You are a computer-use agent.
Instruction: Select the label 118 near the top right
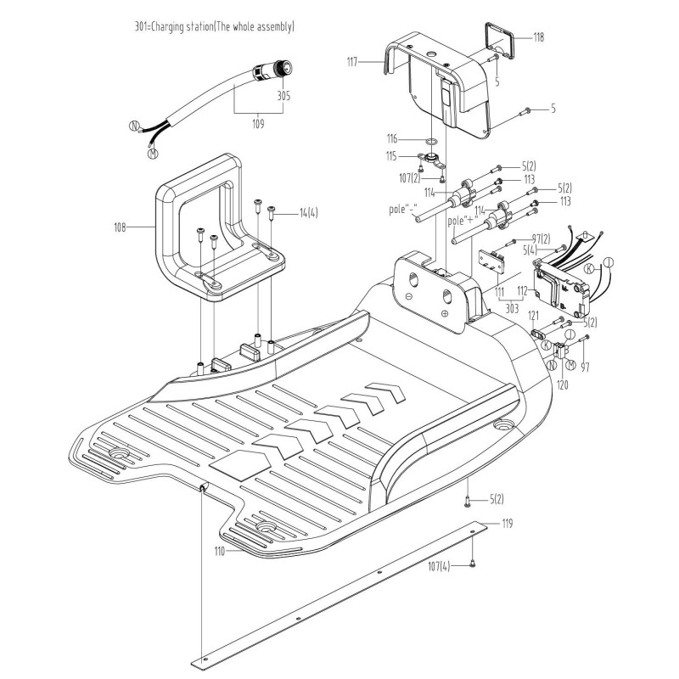click(538, 37)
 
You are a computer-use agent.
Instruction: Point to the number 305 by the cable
click(283, 96)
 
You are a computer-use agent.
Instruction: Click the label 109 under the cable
click(258, 124)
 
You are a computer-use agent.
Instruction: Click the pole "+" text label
click(465, 222)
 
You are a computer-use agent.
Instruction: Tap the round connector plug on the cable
click(280, 68)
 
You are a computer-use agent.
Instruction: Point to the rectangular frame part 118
click(497, 41)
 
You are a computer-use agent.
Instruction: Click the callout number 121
click(534, 316)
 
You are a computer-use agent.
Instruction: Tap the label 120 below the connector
click(561, 384)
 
